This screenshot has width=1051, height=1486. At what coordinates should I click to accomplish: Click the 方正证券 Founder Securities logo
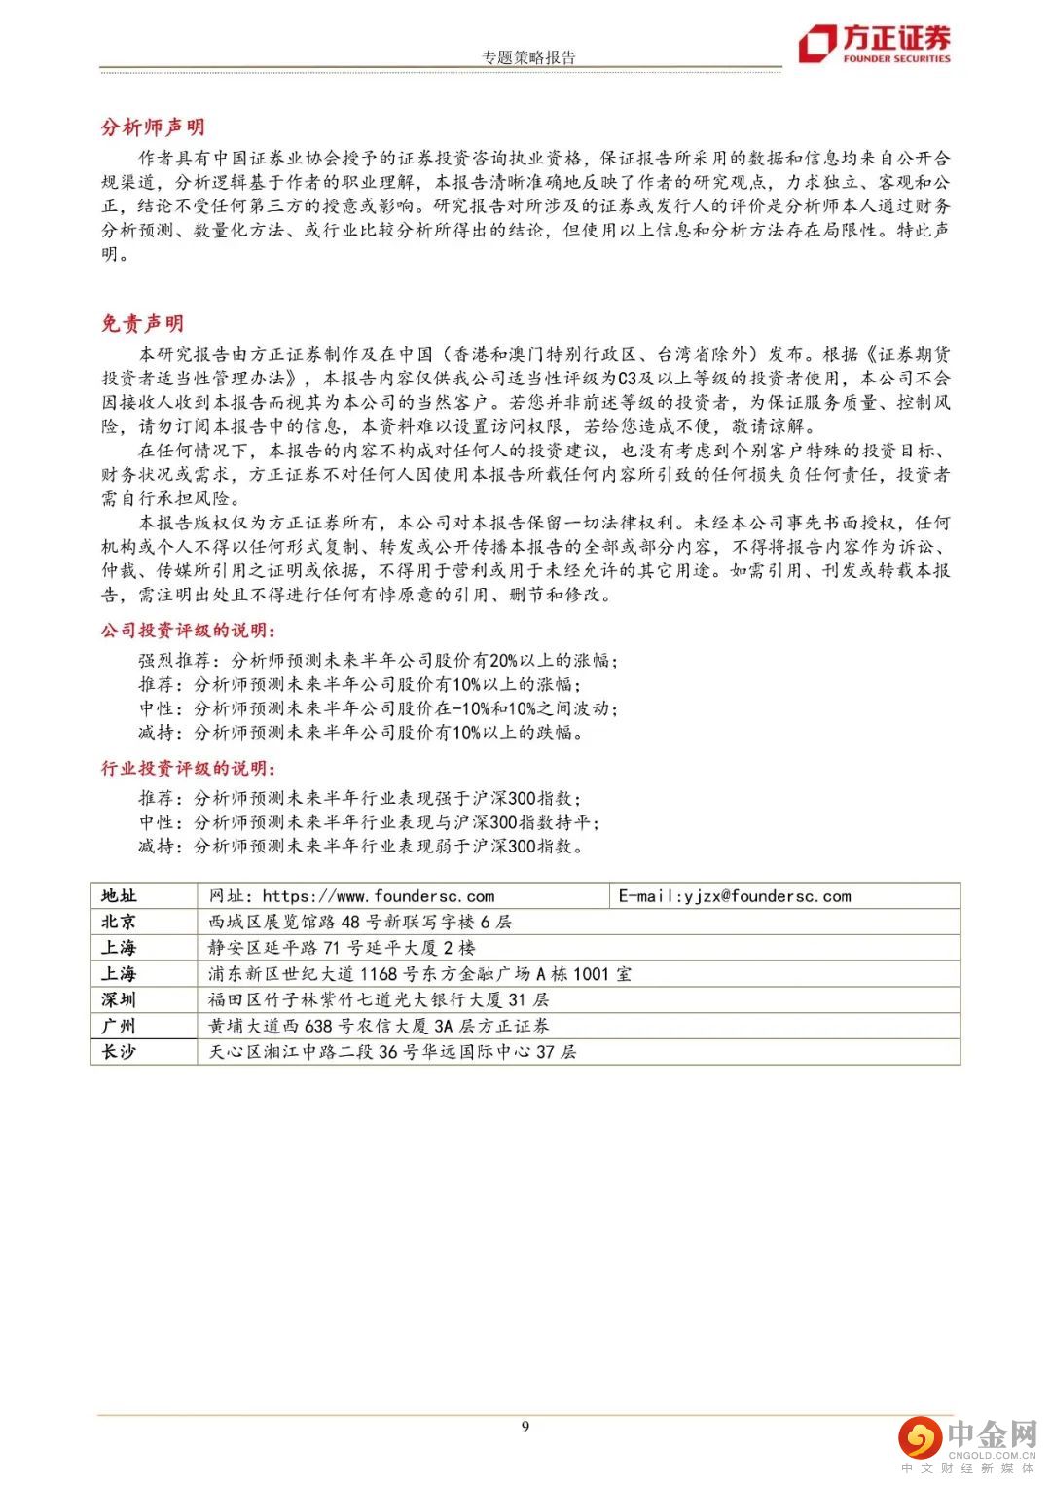point(874,44)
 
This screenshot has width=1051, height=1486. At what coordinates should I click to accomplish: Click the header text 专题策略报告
point(528,57)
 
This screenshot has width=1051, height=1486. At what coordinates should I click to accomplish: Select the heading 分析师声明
point(153,127)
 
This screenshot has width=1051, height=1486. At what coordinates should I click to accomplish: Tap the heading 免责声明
point(142,324)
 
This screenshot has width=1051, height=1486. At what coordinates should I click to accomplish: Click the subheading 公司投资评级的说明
point(188,631)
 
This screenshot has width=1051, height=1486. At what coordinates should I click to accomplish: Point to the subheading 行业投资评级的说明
point(188,769)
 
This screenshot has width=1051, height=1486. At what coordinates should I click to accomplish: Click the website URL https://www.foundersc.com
point(378,896)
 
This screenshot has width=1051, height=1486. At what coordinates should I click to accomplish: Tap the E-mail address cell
point(735,896)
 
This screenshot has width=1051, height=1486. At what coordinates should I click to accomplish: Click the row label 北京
point(119,922)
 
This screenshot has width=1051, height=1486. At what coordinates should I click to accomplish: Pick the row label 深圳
point(119,999)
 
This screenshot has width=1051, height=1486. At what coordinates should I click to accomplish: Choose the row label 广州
point(119,1026)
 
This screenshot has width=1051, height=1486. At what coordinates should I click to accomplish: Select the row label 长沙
point(119,1052)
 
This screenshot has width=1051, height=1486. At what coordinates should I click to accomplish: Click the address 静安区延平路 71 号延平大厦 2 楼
point(342,948)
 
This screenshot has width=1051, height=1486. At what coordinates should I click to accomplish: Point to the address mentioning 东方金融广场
point(419,974)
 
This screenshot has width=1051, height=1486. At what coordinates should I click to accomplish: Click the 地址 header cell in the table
point(119,896)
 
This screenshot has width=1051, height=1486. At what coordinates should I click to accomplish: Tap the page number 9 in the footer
point(525,1427)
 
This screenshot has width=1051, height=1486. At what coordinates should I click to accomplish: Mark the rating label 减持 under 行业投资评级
point(156,847)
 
